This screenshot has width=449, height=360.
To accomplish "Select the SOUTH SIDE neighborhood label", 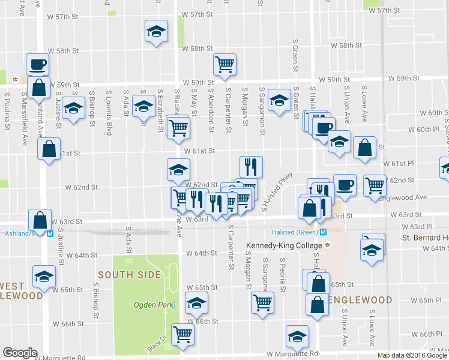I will [x=130, y=275].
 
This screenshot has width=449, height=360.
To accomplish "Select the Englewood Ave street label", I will [x=410, y=197].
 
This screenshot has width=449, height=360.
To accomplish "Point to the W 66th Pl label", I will [x=427, y=334].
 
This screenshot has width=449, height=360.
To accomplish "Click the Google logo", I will [x=20, y=352].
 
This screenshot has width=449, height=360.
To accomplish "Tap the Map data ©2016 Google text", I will [x=412, y=355].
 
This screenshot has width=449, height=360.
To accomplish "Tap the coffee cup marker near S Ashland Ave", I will [x=37, y=64].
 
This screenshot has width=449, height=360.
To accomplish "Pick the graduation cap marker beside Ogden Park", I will [x=196, y=303].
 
